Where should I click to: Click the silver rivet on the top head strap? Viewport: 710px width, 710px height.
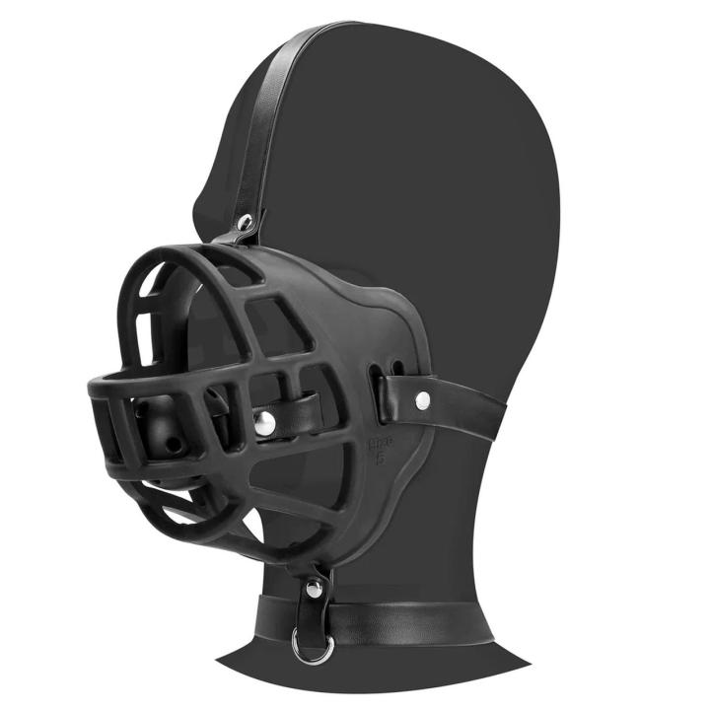[x=246, y=222]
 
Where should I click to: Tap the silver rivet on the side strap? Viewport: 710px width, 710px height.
[x=423, y=399]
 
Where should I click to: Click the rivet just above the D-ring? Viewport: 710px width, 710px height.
[x=313, y=589]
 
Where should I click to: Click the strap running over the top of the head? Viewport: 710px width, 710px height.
[x=286, y=99]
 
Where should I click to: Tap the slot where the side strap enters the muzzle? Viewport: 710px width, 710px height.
[x=379, y=385]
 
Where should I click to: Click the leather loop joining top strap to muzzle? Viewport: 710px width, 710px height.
[x=239, y=235]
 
